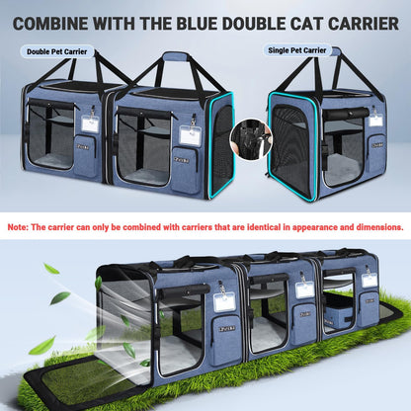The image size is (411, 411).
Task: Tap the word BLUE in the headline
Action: click(x=210, y=21)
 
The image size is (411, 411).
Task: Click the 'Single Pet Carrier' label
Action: click(x=295, y=49)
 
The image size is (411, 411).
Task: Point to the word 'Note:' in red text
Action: click(x=18, y=226)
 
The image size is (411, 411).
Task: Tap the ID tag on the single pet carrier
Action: click(x=375, y=120)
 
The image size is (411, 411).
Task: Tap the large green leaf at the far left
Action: click(x=41, y=345)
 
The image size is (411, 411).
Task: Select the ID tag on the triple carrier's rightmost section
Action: click(x=369, y=280)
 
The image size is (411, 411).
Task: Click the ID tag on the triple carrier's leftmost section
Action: click(x=224, y=302)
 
